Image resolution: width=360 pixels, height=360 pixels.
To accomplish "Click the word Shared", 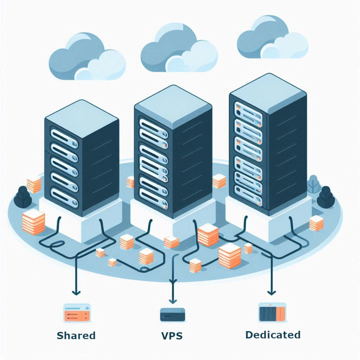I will [76, 336].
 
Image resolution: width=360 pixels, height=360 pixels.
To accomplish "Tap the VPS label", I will [172, 336].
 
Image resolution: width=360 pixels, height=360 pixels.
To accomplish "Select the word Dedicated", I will [273, 335].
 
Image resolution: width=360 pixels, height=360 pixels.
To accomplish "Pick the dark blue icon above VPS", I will [173, 314].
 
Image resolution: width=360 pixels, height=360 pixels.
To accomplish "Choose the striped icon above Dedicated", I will [272, 312].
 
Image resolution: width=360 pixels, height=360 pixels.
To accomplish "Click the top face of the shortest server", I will [82, 115].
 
